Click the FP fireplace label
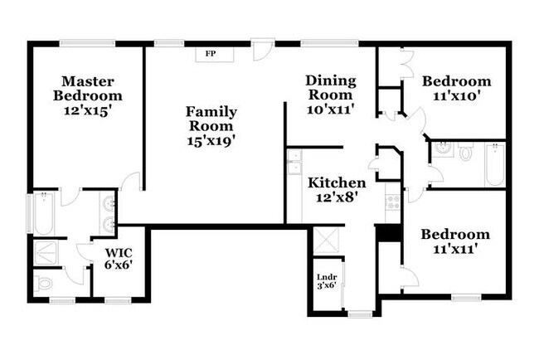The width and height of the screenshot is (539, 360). [x=211, y=54]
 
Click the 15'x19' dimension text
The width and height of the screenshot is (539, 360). [x=211, y=141]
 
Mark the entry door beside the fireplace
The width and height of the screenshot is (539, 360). [x=263, y=49]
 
